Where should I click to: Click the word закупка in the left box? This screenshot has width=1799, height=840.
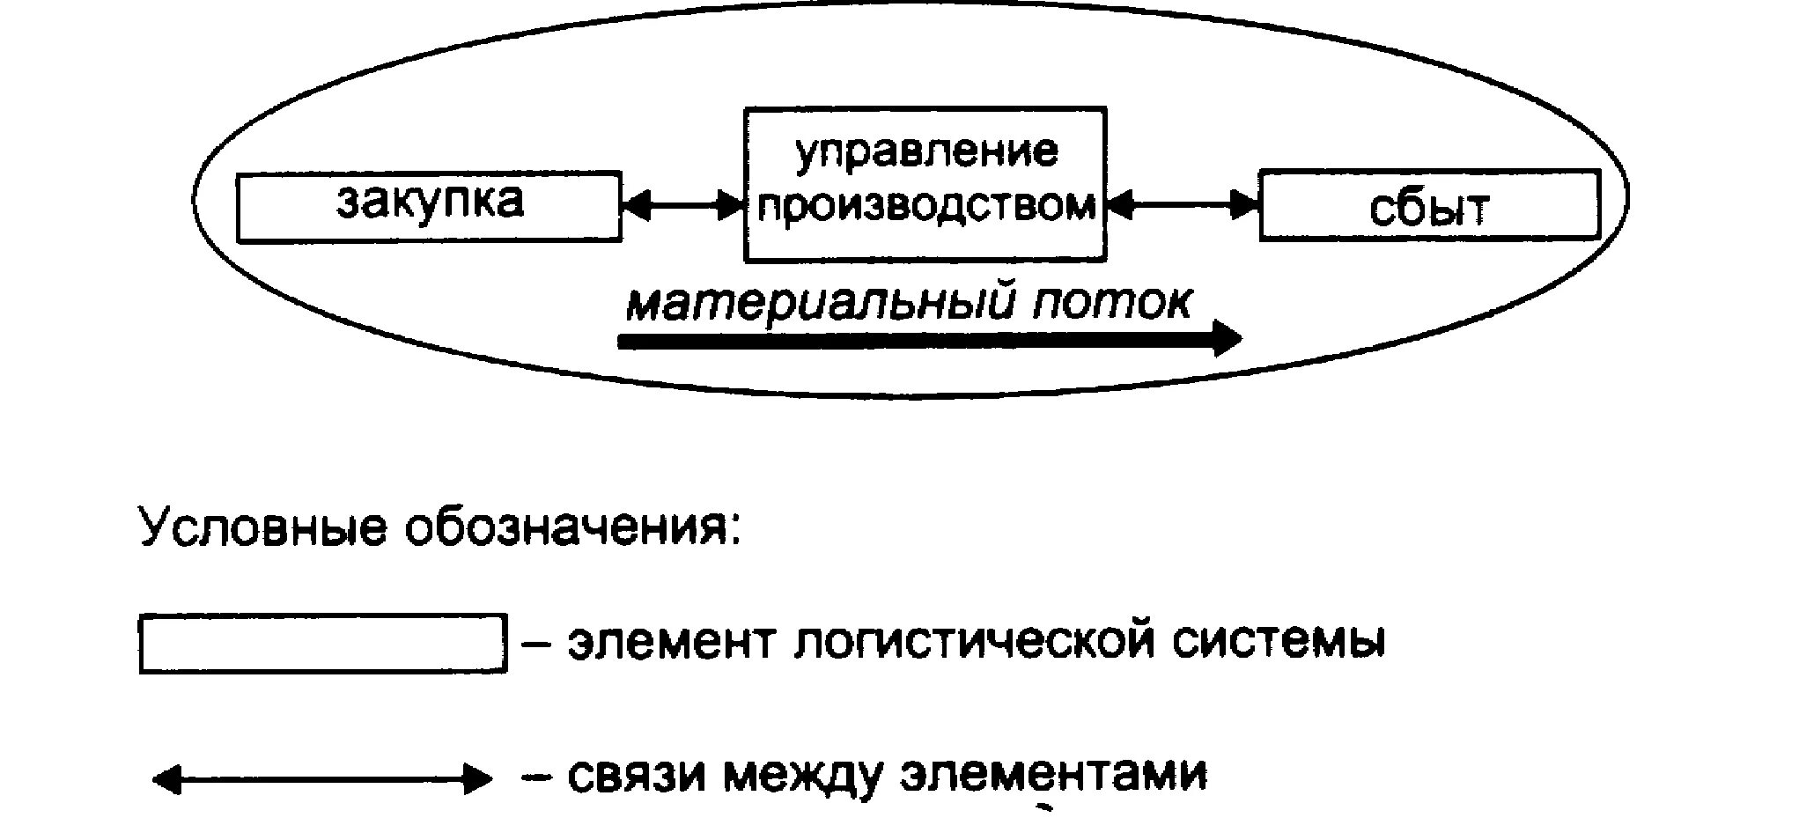coord(430,202)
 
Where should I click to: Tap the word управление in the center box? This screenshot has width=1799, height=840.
coord(925,151)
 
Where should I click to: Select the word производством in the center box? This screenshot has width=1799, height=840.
coord(926,205)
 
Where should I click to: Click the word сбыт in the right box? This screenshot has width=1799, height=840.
coord(1428,209)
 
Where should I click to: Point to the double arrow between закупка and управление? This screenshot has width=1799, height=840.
coord(683,206)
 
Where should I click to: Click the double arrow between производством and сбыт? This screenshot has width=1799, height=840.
coord(1183,206)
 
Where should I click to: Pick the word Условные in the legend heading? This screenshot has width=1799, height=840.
coord(262,527)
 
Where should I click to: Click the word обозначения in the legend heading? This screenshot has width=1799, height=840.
coord(571,529)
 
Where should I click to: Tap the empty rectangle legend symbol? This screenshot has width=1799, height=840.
coord(323,644)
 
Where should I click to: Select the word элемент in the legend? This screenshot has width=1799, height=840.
coord(671,643)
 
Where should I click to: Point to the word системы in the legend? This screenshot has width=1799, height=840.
coord(1279,643)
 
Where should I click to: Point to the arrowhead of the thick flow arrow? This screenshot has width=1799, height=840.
coord(1228,339)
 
